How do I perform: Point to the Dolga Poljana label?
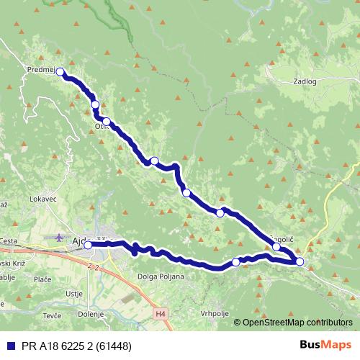tap(162, 276)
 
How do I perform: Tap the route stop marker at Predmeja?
tap(60, 71)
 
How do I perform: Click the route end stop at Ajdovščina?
tap(88, 245)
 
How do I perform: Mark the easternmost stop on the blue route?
tap(300, 261)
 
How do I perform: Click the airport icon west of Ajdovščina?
tap(58, 236)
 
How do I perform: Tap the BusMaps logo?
tap(326, 346)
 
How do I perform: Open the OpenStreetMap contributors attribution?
tap(296, 323)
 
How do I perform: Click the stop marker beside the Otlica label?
tap(106, 121)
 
